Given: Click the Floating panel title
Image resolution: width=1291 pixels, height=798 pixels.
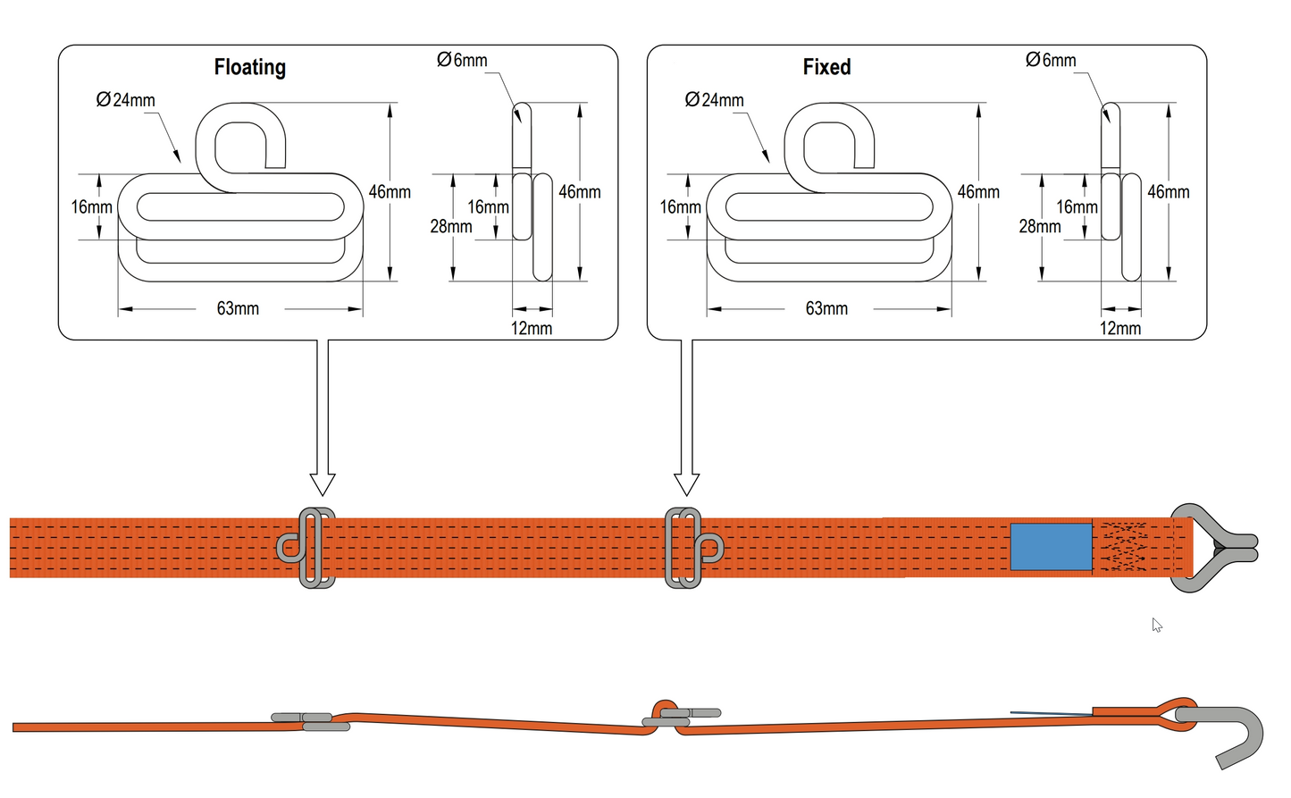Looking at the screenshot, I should tap(249, 68).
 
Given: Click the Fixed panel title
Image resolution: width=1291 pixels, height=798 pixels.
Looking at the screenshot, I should tap(826, 68).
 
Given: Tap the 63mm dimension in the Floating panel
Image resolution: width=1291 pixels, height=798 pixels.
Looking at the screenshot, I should tap(238, 309).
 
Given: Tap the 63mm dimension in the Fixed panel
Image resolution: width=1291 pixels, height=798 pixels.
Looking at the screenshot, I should tap(826, 309).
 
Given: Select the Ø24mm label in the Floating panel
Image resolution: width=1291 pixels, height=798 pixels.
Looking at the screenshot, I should tap(126, 100).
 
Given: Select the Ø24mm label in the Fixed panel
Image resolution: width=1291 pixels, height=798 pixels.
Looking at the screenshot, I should tap(715, 100).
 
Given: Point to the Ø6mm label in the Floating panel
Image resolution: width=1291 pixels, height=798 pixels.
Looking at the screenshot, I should tap(462, 61).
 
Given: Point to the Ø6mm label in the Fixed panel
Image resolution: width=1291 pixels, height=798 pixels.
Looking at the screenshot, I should tap(1051, 61).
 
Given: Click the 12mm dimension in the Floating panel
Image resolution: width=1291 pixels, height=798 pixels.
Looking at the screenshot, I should tap(532, 329).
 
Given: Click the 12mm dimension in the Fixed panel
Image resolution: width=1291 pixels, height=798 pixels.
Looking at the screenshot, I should tap(1120, 329).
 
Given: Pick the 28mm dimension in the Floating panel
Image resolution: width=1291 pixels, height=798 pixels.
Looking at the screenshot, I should tap(451, 227).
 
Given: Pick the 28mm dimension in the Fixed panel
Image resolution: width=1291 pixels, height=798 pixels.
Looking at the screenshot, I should tap(1040, 227).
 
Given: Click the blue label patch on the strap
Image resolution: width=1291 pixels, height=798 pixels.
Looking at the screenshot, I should tap(1051, 547).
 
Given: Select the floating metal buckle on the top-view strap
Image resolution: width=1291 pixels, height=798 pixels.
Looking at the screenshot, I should tap(307, 548).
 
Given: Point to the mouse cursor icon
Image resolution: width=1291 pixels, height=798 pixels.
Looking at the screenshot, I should tap(1157, 626).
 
